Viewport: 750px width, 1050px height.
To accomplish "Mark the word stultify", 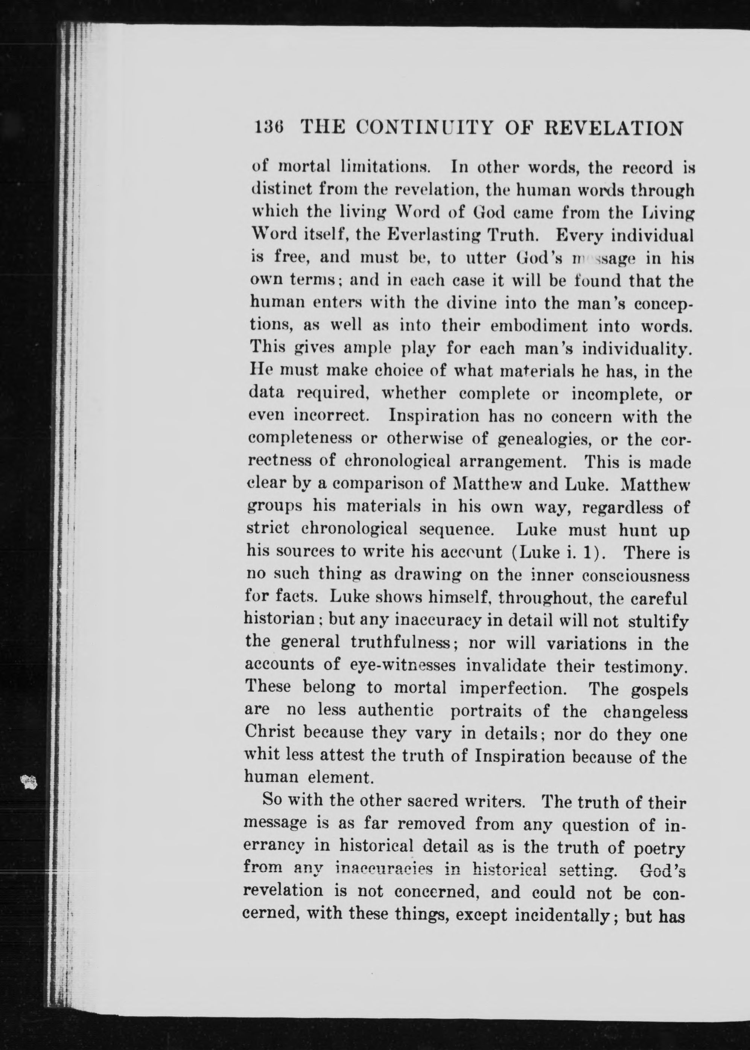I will coord(658,621).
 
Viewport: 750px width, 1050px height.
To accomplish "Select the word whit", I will coord(262,756).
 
